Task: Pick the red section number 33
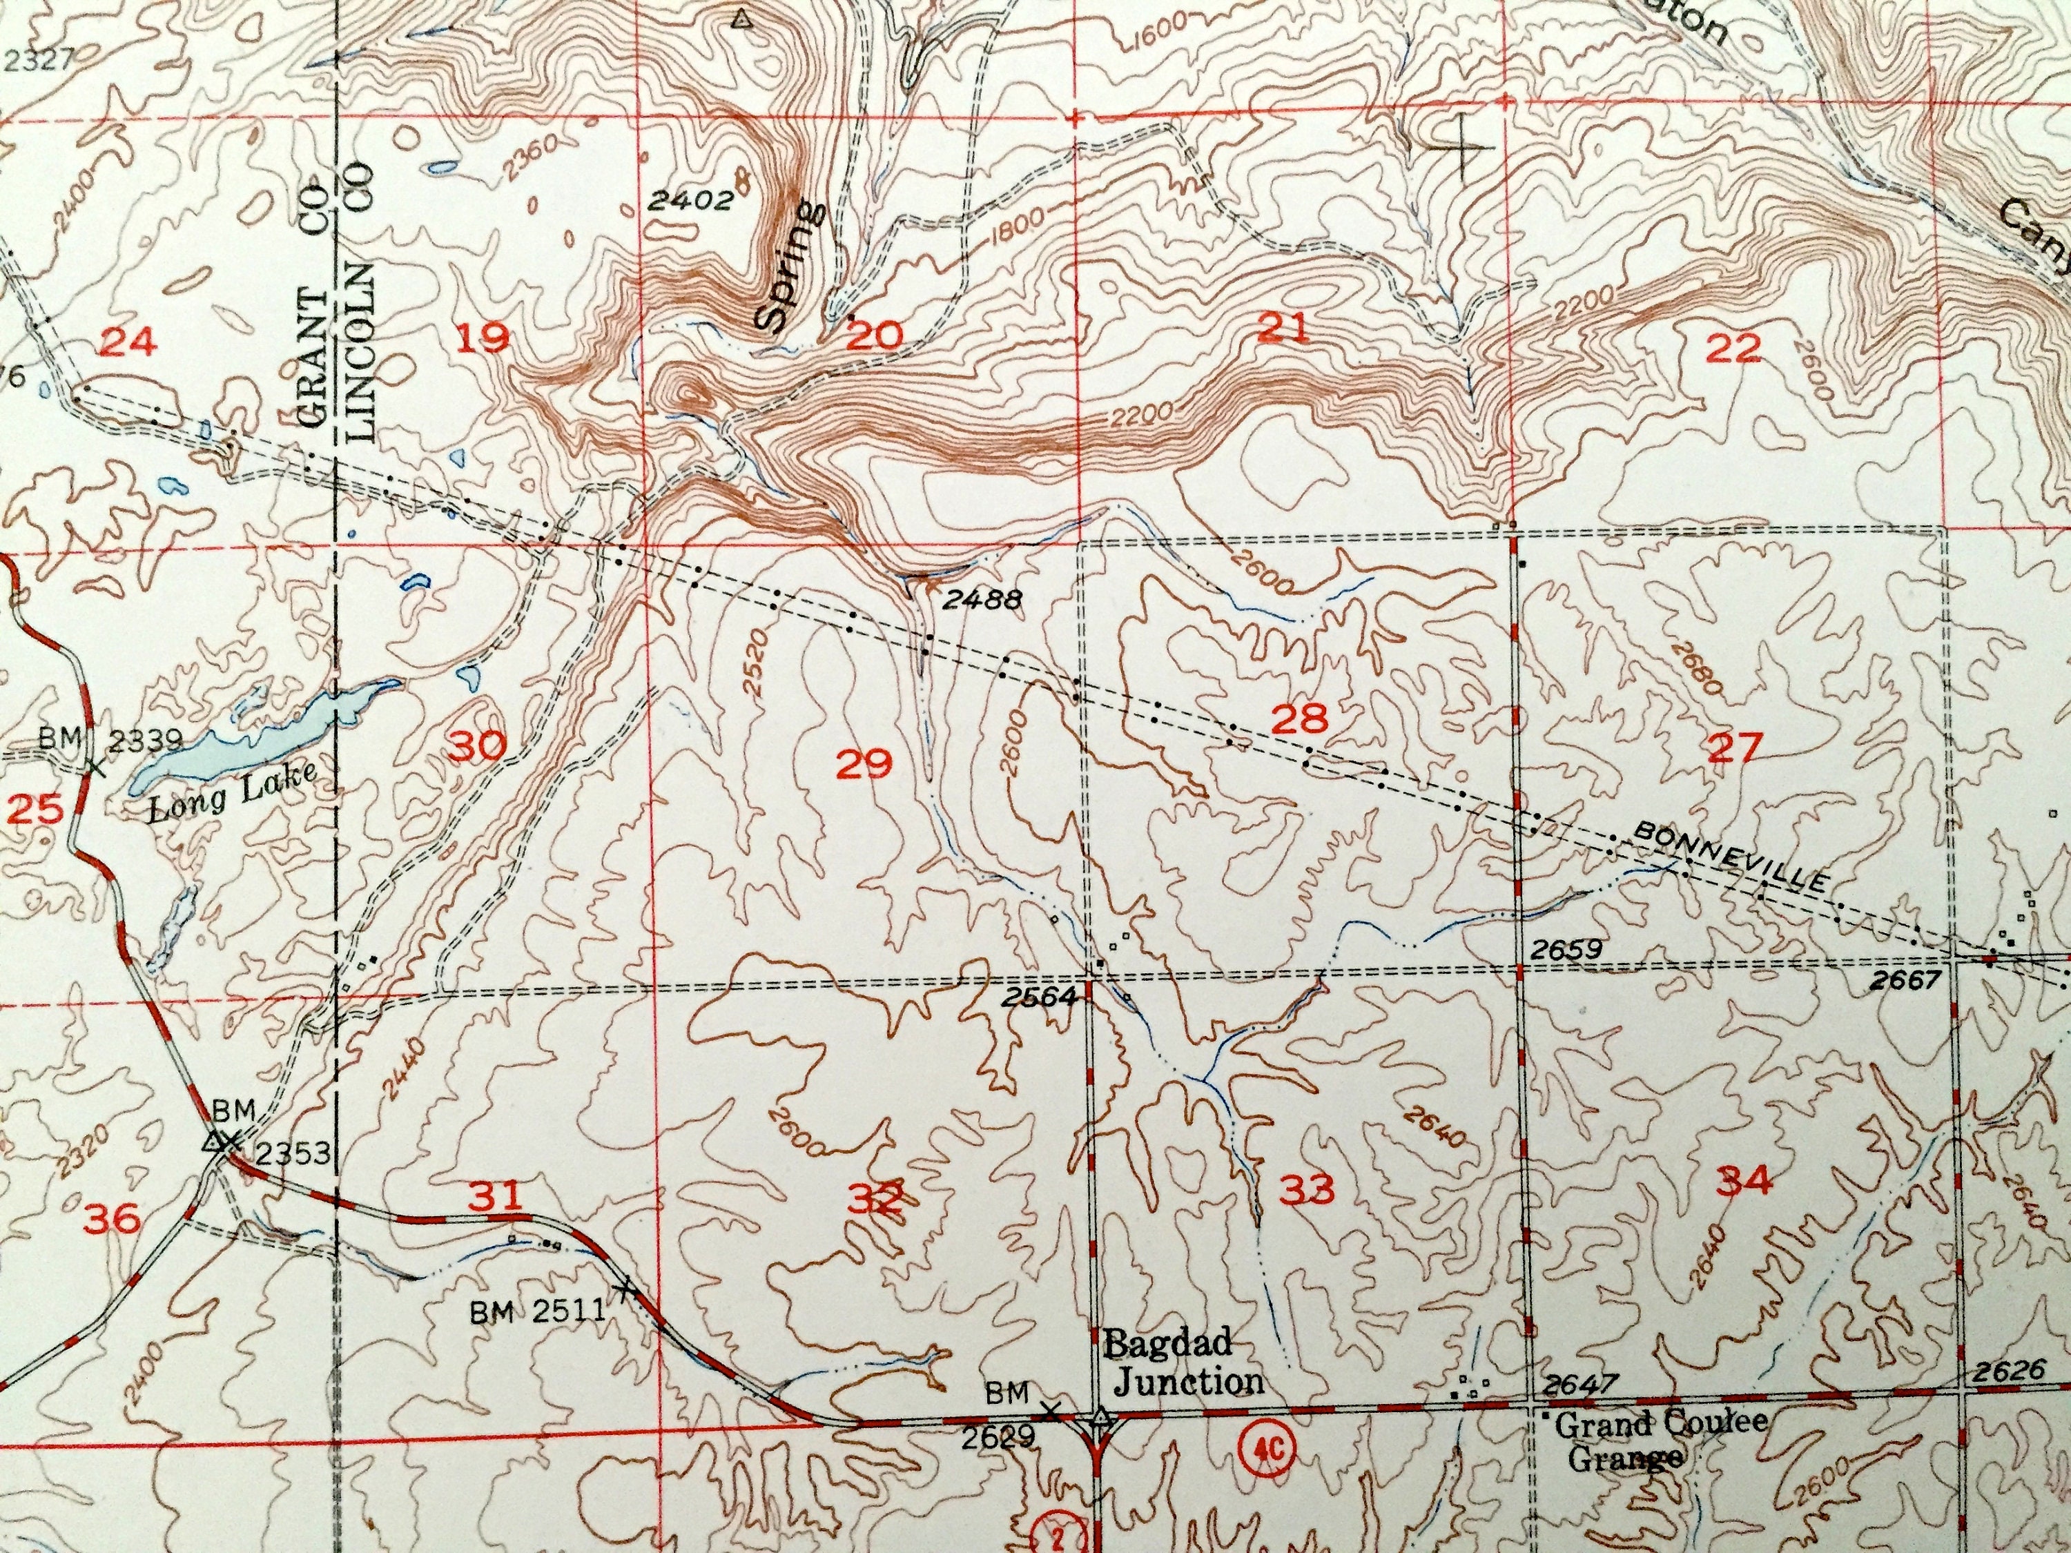[1306, 1191]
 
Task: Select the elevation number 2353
[293, 1153]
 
